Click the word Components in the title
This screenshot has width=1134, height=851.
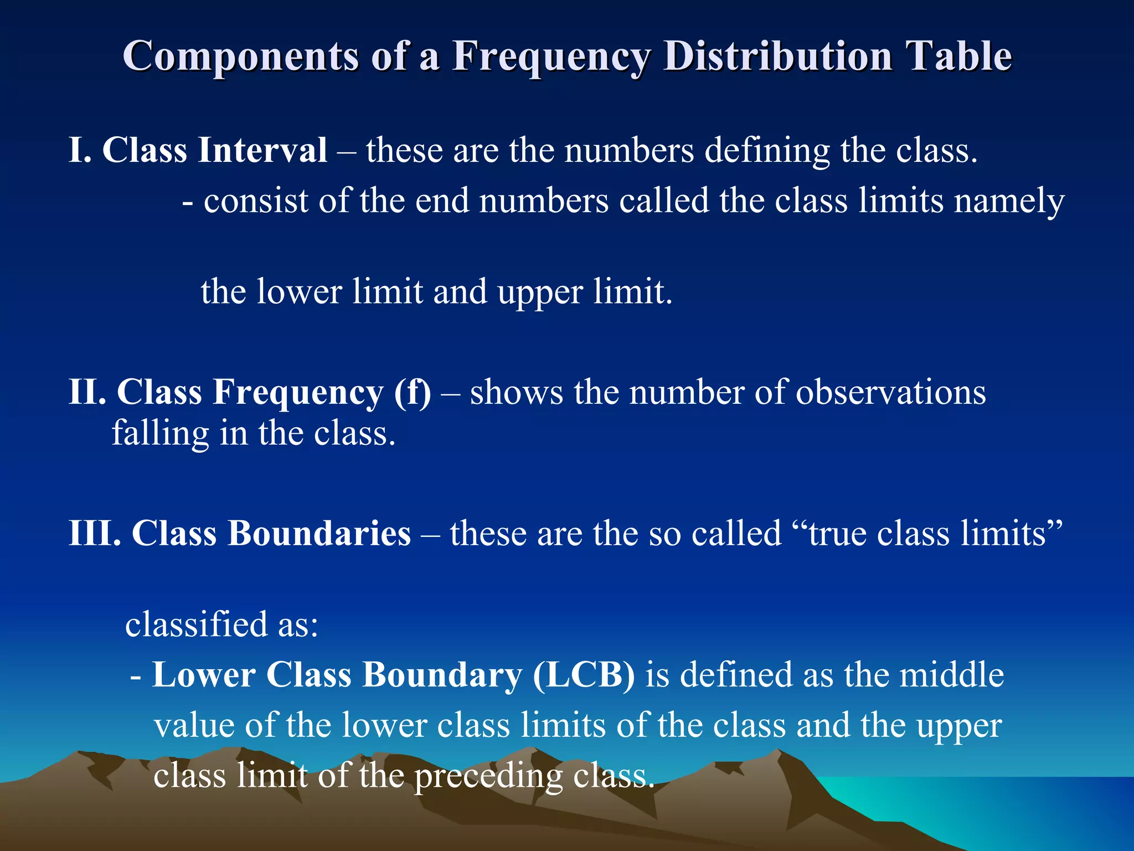(x=241, y=57)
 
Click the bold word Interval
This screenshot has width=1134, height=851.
(x=262, y=150)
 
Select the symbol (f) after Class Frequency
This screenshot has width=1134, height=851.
(x=412, y=393)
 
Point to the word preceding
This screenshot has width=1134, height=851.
(x=488, y=776)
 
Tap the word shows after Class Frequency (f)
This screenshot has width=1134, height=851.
(x=517, y=392)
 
